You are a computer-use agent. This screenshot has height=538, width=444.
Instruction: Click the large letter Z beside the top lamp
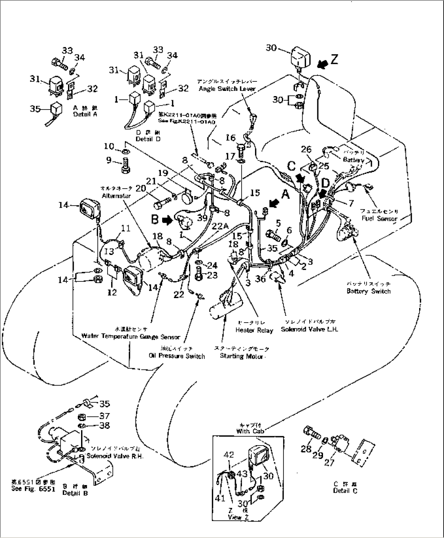tap(334, 59)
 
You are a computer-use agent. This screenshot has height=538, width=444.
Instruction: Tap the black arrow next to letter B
tap(167, 220)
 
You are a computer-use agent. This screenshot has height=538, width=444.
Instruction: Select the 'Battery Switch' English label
tap(368, 291)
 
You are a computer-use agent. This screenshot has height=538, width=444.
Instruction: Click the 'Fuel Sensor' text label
tap(379, 218)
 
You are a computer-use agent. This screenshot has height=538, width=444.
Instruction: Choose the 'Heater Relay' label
tap(254, 330)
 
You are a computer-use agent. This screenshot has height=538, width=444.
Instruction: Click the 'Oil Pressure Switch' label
tap(177, 356)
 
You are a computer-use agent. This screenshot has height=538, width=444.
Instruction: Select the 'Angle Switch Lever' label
tap(227, 89)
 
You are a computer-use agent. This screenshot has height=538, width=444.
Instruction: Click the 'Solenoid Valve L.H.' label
tap(309, 329)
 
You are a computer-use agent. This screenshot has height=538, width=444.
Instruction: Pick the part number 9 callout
tap(109, 160)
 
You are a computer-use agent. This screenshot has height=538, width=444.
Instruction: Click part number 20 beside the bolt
tap(141, 188)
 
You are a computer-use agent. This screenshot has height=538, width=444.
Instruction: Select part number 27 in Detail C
tap(330, 462)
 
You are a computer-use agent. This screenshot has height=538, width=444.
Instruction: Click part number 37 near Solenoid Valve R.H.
tap(105, 416)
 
